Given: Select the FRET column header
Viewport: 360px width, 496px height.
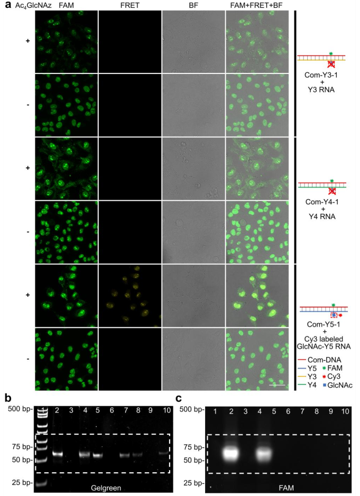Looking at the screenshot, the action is pyautogui.click(x=130, y=5).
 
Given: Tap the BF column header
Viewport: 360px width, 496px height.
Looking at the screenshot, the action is pyautogui.click(x=193, y=5).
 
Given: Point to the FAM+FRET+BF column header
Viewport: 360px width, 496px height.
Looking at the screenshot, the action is pyautogui.click(x=257, y=5).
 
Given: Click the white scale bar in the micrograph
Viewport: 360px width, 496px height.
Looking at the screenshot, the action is pyautogui.click(x=277, y=385).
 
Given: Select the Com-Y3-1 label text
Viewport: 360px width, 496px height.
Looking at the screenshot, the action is pyautogui.click(x=321, y=76).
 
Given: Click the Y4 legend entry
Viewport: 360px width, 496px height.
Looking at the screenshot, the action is pyautogui.click(x=307, y=385).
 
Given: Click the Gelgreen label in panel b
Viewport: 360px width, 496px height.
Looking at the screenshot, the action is pyautogui.click(x=106, y=488).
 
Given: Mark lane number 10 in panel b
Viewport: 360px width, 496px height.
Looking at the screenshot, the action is pyautogui.click(x=167, y=410).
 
